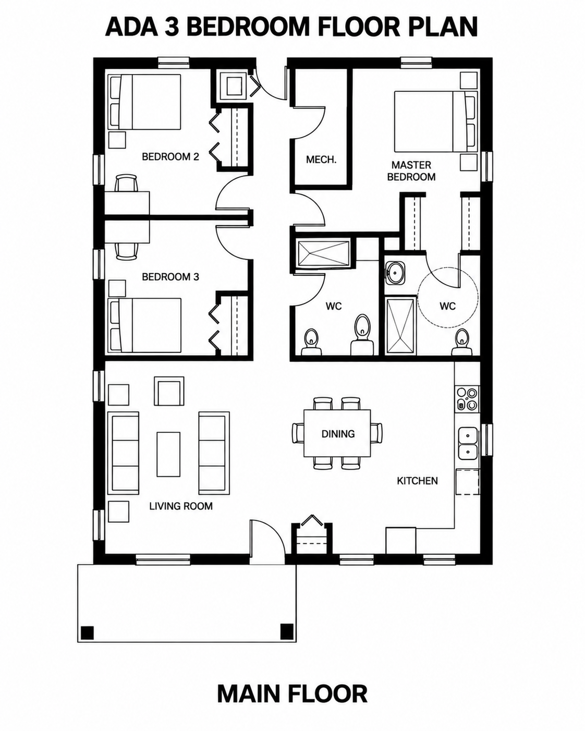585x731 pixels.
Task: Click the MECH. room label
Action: click(x=321, y=160)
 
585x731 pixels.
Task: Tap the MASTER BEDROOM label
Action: click(x=411, y=171)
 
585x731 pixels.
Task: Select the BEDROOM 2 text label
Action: click(x=170, y=156)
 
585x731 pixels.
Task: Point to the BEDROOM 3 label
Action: click(x=170, y=277)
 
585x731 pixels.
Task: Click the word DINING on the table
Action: click(x=338, y=434)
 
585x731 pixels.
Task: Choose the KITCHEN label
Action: click(x=417, y=481)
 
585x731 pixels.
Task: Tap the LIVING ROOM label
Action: click(x=181, y=506)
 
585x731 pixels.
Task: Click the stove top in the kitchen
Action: click(x=467, y=399)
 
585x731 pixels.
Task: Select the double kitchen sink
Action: click(x=468, y=443)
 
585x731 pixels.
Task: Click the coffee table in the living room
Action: click(x=168, y=455)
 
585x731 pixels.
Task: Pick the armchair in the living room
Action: click(x=169, y=391)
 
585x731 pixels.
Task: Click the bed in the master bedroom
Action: click(x=435, y=121)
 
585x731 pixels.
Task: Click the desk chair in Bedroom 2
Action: click(x=126, y=184)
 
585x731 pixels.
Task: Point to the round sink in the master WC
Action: click(x=395, y=272)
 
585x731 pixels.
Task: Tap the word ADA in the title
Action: click(x=132, y=27)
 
